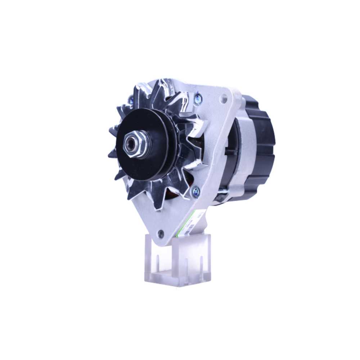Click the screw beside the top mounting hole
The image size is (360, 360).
pos(197,98)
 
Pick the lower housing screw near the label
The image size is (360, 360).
pos(196,191)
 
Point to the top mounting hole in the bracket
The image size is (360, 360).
pos(224,97)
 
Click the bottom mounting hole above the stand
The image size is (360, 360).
pos(161,234)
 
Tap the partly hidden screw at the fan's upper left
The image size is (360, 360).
pos(131,98)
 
